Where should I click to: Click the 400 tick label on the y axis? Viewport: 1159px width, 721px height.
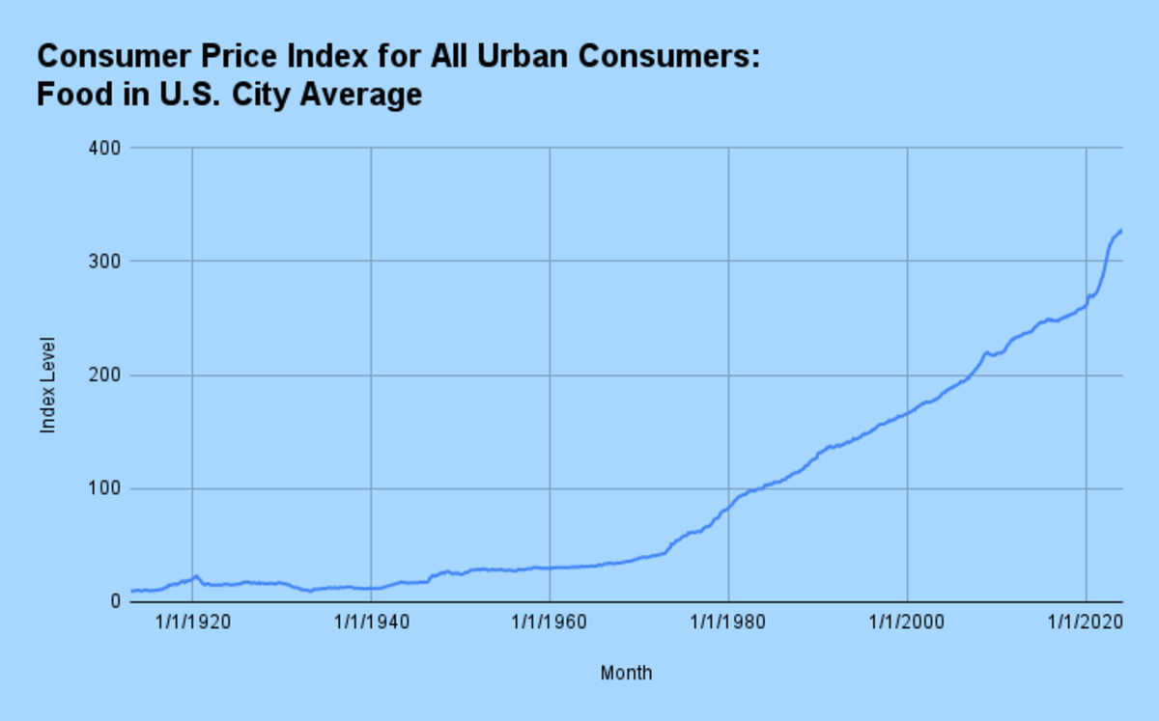pos(106,148)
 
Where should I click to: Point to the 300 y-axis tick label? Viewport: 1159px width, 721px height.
pos(106,262)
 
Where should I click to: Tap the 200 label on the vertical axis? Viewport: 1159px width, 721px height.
pos(106,375)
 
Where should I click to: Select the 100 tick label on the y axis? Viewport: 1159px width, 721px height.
pos(106,488)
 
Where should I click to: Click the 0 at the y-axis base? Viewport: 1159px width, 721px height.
pos(113,602)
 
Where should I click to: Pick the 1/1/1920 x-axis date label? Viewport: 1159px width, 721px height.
pos(192,624)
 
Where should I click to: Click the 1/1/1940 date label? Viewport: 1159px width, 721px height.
pos(371,624)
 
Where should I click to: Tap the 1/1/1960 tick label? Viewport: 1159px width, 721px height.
pos(550,624)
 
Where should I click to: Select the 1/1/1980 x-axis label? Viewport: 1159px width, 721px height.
pos(728,624)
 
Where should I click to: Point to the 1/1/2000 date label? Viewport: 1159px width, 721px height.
pos(907,624)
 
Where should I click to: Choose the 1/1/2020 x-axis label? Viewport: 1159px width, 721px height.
pos(1086,624)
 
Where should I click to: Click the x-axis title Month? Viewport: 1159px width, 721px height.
pos(626,673)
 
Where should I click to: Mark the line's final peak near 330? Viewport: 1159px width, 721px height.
pos(1120,230)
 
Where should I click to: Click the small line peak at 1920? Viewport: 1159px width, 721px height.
pos(196,576)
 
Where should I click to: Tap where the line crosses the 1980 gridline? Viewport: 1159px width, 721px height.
pos(728,507)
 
